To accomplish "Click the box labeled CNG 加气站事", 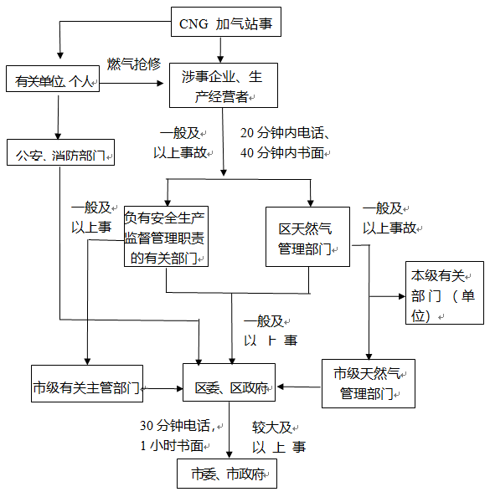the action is coord(226,22).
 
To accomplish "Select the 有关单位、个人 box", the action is coord(53,79).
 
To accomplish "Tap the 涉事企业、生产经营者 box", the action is coord(224,85).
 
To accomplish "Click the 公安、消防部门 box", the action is coord(60,152).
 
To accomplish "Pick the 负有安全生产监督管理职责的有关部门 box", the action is coord(166,237).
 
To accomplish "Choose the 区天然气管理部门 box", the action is coord(307,237).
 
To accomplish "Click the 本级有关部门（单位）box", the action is coord(445,293).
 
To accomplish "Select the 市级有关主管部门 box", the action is coord(87,383).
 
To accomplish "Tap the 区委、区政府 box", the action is coord(229,382).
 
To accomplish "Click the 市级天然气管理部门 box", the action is coord(369,383).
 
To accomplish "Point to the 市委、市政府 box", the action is coord(227,474).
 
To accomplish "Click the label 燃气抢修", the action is coord(134,64).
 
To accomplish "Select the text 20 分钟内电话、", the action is coord(285,133).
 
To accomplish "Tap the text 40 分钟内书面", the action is coord(282,153).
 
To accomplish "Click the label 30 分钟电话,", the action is coord(178,426).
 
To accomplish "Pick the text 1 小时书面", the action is coord(172,446).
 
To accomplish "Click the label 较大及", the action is coord(272,428).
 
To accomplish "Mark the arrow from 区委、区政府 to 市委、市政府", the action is coord(230,430).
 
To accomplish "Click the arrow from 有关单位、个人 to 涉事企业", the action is coord(132,84).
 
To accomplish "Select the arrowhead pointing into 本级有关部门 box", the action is coord(402,296).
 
